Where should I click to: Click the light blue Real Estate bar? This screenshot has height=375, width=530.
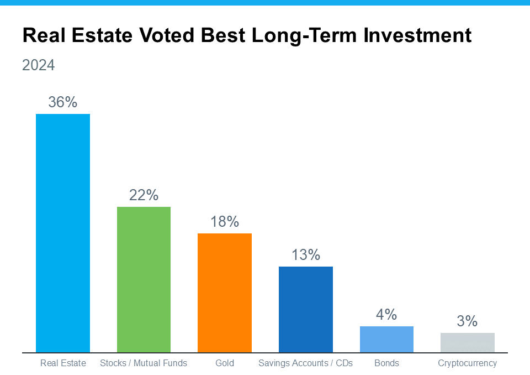[x=63, y=233]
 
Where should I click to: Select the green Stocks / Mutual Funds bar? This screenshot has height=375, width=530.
[x=144, y=279]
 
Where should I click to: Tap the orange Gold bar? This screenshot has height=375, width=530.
[x=225, y=293]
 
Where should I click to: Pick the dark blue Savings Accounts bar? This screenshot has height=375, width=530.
[x=305, y=309]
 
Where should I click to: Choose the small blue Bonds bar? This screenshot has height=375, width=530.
[x=386, y=339]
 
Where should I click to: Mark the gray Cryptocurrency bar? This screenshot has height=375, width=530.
[x=467, y=342]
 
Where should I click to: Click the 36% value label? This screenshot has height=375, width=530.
[x=63, y=102]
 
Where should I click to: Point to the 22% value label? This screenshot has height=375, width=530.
[x=144, y=195]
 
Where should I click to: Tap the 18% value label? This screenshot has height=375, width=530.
[x=225, y=222]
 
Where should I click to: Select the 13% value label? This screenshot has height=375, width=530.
[x=305, y=255]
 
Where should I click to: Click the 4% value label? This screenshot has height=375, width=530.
[x=386, y=315]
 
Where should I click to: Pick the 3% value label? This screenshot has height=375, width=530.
[x=467, y=321]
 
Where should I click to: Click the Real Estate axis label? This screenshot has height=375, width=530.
[x=63, y=363]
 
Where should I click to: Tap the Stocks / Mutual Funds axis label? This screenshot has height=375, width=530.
[x=144, y=363]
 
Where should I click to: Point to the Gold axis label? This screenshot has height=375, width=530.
[x=225, y=363]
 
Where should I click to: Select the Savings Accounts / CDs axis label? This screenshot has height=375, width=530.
[x=305, y=363]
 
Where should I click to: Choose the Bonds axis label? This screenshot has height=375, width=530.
[x=386, y=363]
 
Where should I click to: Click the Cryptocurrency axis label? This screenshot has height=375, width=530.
[x=467, y=363]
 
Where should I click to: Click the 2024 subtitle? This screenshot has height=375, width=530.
[x=39, y=65]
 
